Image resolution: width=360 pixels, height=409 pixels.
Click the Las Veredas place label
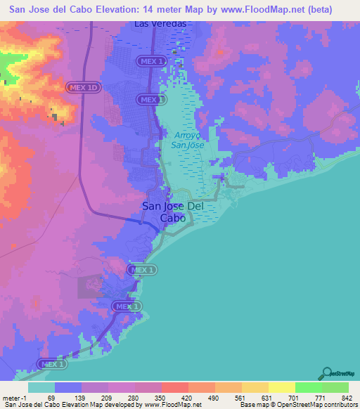[x=160, y=23]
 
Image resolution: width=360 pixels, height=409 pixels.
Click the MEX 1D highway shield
[x=83, y=86]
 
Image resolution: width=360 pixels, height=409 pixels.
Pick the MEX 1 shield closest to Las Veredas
[x=153, y=62]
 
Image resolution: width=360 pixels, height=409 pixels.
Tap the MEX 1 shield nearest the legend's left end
[x=53, y=364]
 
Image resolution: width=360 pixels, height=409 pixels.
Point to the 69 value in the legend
[x=51, y=397]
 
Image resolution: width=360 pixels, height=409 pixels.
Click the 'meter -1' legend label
[x=15, y=397]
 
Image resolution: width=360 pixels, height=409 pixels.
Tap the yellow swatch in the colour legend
[x=281, y=387]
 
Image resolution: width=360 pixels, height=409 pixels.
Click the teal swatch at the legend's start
[x=41, y=387]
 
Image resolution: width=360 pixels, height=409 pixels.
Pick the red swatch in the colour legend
[x=174, y=387]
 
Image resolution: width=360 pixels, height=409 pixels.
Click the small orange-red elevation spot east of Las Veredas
[x=221, y=51]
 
